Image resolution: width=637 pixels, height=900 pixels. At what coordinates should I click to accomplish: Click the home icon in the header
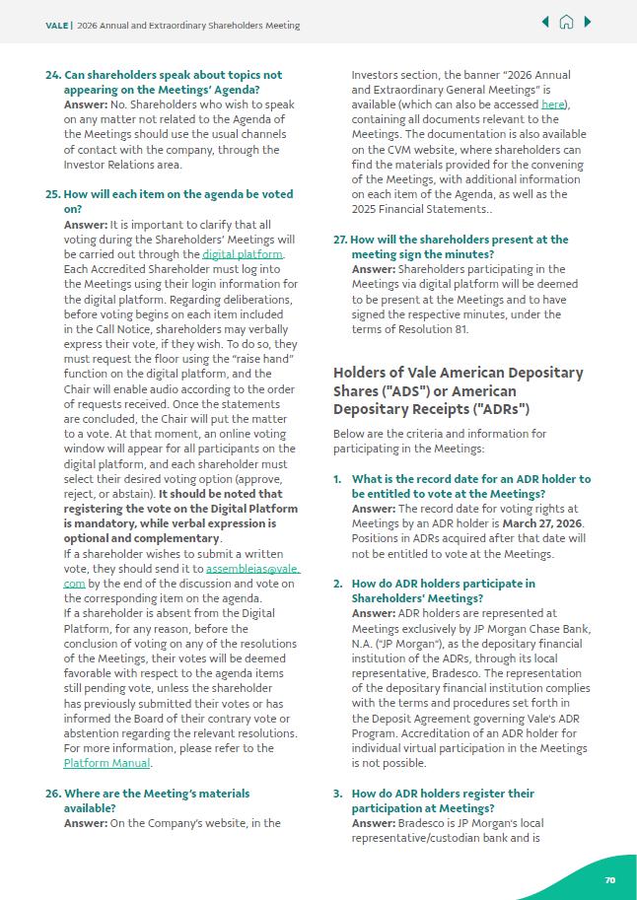(566, 22)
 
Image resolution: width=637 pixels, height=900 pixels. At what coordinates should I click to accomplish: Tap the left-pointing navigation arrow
(545, 22)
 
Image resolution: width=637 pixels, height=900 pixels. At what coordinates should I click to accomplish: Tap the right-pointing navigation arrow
(588, 22)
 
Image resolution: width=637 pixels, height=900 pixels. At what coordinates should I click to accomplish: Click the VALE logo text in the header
(56, 26)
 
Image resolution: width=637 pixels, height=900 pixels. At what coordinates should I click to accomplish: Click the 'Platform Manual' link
(106, 763)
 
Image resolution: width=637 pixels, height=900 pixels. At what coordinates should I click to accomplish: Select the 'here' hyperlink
(553, 104)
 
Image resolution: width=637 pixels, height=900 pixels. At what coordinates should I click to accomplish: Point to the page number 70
(610, 879)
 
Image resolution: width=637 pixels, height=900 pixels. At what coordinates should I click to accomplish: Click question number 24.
(52, 75)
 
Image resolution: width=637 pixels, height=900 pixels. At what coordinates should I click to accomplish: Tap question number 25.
(52, 195)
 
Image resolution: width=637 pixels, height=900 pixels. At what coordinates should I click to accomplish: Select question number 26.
(52, 794)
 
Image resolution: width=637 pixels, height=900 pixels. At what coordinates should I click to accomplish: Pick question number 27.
(340, 240)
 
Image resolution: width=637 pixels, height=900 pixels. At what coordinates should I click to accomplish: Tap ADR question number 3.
(337, 794)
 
